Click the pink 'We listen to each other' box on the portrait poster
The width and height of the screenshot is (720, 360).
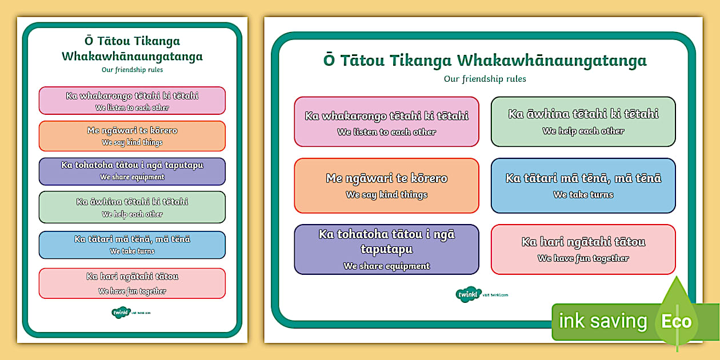pyautogui.click(x=132, y=101)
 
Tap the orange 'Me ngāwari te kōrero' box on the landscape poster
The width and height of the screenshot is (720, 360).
pyautogui.click(x=386, y=186)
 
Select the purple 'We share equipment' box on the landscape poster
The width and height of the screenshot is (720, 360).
pyautogui.click(x=386, y=249)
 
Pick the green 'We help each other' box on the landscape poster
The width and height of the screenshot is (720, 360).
pyautogui.click(x=583, y=121)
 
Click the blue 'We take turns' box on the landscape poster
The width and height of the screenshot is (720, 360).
pyautogui.click(x=583, y=186)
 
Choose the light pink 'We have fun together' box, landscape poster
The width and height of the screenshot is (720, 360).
pyautogui.click(x=583, y=249)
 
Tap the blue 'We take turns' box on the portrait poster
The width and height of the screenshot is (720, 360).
pyautogui.click(x=132, y=245)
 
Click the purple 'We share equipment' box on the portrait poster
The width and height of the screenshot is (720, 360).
pyautogui.click(x=132, y=171)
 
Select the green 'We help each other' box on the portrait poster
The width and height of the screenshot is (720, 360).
pyautogui.click(x=132, y=207)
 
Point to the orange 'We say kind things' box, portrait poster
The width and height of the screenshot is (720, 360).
pyautogui.click(x=132, y=136)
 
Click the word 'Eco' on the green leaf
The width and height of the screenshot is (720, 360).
pyautogui.click(x=677, y=321)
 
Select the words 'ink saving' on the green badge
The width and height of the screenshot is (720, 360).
pyautogui.click(x=602, y=321)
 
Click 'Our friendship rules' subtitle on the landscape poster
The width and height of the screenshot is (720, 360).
pyautogui.click(x=485, y=79)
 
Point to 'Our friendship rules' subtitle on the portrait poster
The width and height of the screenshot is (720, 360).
pyautogui.click(x=132, y=70)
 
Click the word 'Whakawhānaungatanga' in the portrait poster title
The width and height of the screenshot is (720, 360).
pyautogui.click(x=132, y=56)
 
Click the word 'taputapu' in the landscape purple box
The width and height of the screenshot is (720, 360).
pyautogui.click(x=386, y=249)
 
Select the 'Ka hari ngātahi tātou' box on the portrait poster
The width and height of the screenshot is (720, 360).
pyautogui.click(x=132, y=283)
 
